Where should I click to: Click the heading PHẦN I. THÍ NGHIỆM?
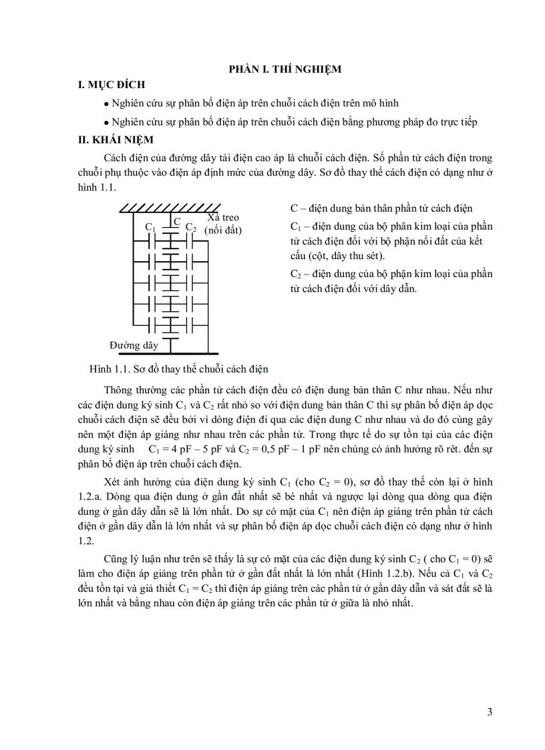click(285, 69)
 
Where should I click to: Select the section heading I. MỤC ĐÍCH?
click(111, 85)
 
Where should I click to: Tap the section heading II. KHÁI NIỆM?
click(116, 140)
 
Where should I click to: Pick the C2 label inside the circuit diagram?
click(190, 227)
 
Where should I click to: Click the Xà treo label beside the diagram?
click(222, 218)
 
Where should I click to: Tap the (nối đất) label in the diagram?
click(224, 230)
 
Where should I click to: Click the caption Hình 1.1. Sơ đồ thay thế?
click(178, 369)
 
